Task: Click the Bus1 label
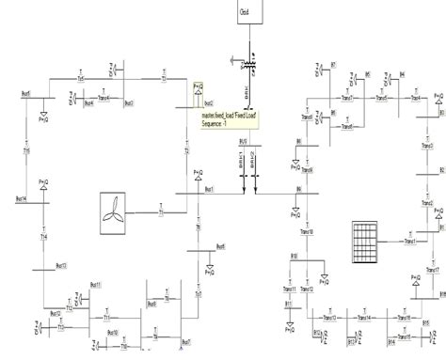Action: [x=209, y=189]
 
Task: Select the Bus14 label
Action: [x=20, y=199]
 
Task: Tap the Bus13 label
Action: [x=61, y=266]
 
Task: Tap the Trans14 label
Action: [x=362, y=318]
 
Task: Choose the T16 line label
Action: [x=27, y=152]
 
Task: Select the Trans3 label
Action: [x=428, y=147]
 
